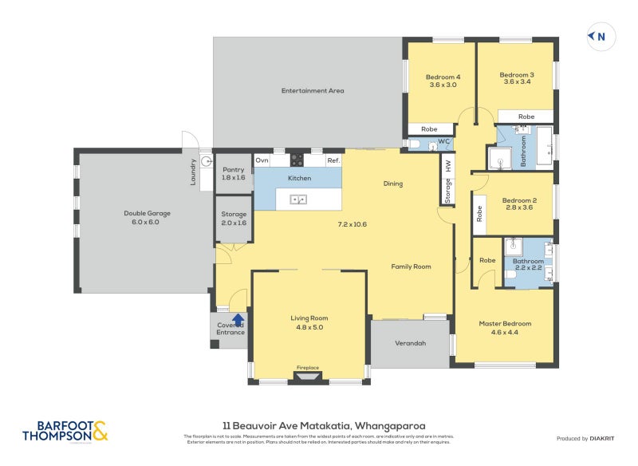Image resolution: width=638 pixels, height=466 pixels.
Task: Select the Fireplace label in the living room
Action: pyautogui.click(x=308, y=368)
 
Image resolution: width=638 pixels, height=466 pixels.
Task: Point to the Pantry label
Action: pyautogui.click(x=233, y=169)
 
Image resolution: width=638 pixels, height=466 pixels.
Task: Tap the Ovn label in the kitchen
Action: pyautogui.click(x=262, y=160)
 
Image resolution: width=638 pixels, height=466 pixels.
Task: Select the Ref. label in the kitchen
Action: pyautogui.click(x=333, y=160)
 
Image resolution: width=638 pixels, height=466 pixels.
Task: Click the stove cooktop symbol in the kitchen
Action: pyautogui.click(x=297, y=159)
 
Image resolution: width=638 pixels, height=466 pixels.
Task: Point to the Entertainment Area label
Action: pyautogui.click(x=313, y=91)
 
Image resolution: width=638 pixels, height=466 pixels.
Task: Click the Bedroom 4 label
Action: pyautogui.click(x=444, y=77)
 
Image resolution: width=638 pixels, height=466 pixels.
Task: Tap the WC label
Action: pyautogui.click(x=444, y=141)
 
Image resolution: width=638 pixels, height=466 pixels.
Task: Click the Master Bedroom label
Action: pyautogui.click(x=505, y=323)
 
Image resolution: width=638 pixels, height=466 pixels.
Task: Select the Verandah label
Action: pyautogui.click(x=411, y=343)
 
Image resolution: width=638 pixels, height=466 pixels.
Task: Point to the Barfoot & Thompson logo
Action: pyautogui.click(x=64, y=431)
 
